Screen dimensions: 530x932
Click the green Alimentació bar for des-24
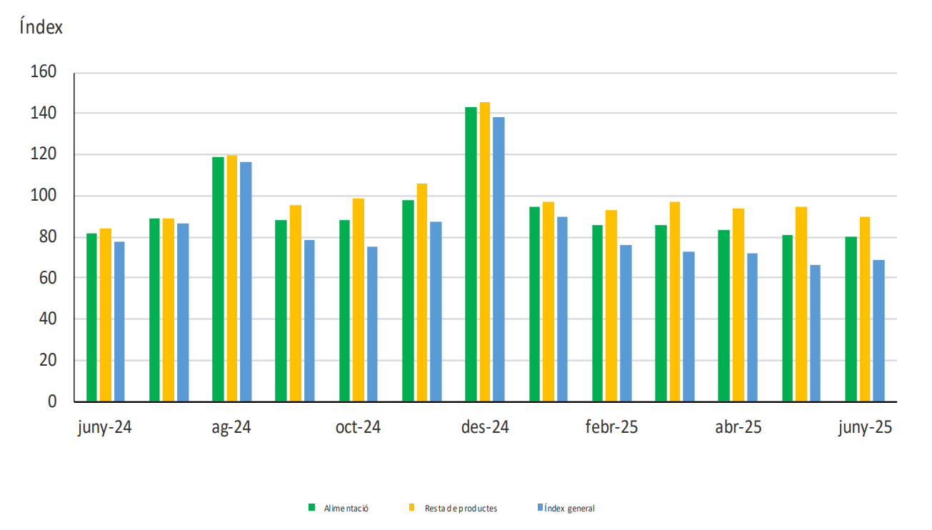click(471, 254)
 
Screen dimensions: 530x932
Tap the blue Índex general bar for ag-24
click(246, 281)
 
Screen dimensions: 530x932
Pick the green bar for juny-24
click(91, 317)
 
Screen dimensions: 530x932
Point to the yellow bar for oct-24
click(359, 300)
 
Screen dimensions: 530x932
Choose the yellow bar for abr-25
click(738, 305)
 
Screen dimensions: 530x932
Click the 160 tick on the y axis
click(42, 72)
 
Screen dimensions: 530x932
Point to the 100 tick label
click(42, 196)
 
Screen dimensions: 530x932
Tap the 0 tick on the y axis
click(52, 401)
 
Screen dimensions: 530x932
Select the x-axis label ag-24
click(231, 428)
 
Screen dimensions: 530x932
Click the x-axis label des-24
click(485, 428)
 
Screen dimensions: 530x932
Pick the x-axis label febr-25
click(611, 428)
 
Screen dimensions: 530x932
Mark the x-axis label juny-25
click(865, 428)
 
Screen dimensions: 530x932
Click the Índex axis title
click(41, 28)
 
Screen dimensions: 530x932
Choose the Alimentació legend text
click(346, 509)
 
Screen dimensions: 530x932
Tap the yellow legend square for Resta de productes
click(411, 508)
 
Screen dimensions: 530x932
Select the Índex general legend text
click(569, 509)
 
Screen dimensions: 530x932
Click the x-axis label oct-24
click(358, 428)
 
